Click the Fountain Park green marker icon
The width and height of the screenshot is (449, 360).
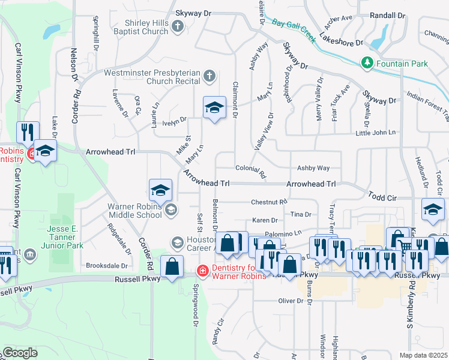coord(367,62)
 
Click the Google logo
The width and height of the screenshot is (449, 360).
coord(20,353)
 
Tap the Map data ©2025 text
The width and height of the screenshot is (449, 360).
coord(423,355)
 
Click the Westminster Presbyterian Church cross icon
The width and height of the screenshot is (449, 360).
coord(209,76)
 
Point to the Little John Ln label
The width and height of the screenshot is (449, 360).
coord(376,133)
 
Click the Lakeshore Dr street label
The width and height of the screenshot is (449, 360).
coord(342,41)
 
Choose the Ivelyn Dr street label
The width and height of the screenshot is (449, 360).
coord(175,119)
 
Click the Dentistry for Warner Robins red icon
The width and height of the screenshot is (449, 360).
coord(202,271)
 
